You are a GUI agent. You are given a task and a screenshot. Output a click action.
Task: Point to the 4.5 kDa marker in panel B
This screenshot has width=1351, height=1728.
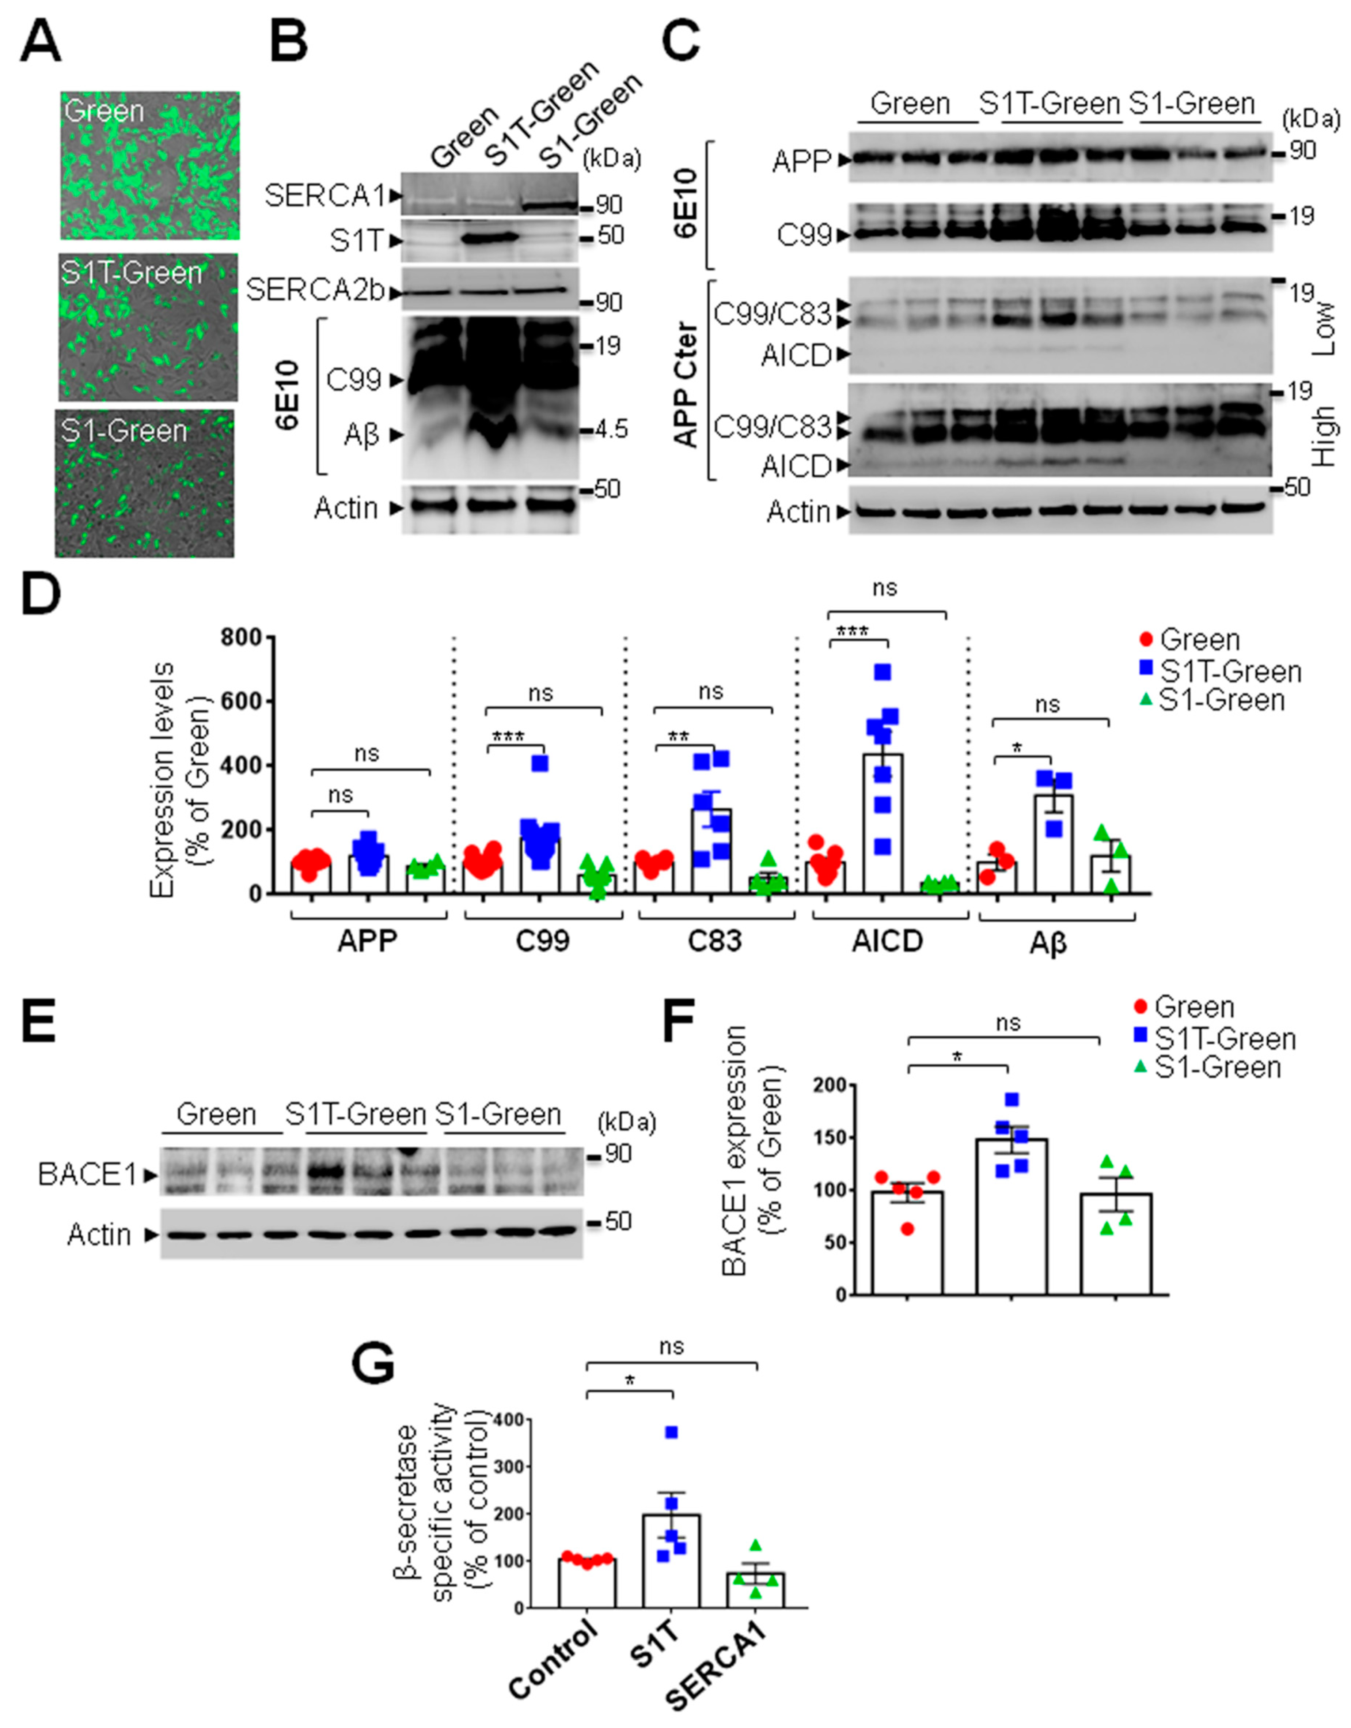(611, 430)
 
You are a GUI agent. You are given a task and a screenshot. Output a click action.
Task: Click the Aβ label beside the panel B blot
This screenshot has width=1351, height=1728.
(361, 434)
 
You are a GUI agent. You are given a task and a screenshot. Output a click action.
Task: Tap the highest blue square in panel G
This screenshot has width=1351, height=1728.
(672, 1432)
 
